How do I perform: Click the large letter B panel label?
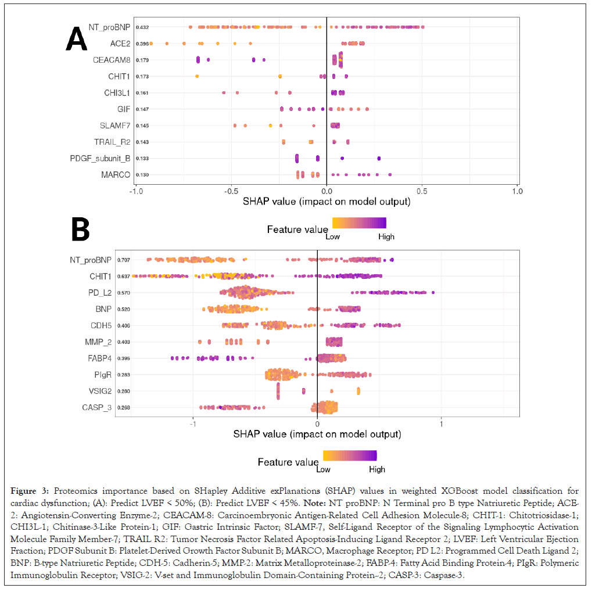pyautogui.click(x=80, y=229)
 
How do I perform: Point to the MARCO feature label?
pyautogui.click(x=117, y=174)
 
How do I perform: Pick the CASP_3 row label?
pyautogui.click(x=98, y=407)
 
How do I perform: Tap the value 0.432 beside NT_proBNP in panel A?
pyautogui.click(x=142, y=27)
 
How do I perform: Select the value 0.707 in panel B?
pyautogui.click(x=123, y=260)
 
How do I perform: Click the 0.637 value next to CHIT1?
pyautogui.click(x=123, y=276)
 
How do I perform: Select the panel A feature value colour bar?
pyautogui.click(x=358, y=223)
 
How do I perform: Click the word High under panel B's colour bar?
pyautogui.click(x=376, y=469)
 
